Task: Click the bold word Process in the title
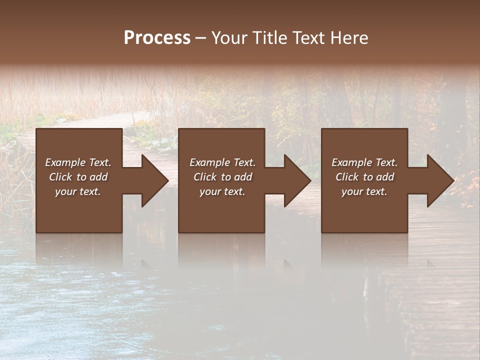[157, 38]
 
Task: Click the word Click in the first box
[60, 177]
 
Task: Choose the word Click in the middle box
[204, 177]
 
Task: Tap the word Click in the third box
[346, 177]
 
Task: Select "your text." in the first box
[78, 191]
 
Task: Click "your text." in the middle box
[222, 191]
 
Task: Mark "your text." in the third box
[364, 191]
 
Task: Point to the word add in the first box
[98, 177]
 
